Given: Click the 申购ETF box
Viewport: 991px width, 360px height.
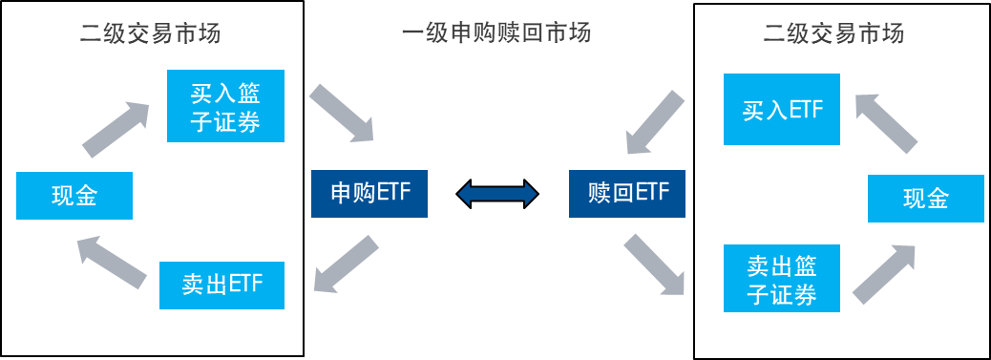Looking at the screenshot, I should coord(369,194).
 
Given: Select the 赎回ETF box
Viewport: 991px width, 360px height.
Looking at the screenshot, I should coord(626,194).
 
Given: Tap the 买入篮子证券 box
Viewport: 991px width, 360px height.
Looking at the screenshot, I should coord(225,107).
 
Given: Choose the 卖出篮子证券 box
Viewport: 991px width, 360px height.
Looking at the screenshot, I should coord(782,279).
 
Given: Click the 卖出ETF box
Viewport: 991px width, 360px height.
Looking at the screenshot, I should coord(221,285).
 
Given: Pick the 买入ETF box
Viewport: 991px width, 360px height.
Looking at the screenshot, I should coord(782,110).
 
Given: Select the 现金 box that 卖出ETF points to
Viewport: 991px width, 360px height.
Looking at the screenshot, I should coord(74,197).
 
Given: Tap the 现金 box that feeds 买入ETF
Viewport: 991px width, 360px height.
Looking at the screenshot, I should coord(925,199).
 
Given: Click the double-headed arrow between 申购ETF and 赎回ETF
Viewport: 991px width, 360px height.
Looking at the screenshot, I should coord(497,195).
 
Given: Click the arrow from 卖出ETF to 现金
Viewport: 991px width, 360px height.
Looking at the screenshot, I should coord(113,261).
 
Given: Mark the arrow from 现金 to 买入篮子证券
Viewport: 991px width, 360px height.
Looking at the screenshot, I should coord(116,128).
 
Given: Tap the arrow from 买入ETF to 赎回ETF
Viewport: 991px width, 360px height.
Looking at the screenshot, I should coord(654,120).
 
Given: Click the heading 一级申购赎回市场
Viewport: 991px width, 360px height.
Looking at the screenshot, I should coord(496,33).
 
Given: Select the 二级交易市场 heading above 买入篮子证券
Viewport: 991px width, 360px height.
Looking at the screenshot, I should coord(151,33).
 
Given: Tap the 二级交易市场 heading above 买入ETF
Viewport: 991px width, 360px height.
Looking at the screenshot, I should coord(833,33).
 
